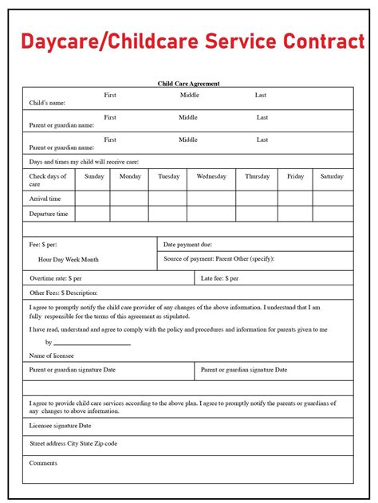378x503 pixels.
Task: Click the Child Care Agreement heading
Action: (x=188, y=83)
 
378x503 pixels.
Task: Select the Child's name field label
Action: (x=47, y=103)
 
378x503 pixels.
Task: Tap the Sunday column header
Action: (x=94, y=176)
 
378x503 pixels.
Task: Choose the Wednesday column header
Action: (x=211, y=176)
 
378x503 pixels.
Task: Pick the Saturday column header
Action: (x=332, y=176)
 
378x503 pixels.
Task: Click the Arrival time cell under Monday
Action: (x=130, y=198)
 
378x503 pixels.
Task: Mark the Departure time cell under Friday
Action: (x=296, y=214)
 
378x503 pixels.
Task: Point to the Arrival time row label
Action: (x=45, y=198)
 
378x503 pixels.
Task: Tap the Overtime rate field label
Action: (x=56, y=278)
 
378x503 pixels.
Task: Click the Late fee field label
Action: (x=220, y=278)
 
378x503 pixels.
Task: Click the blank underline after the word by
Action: (x=93, y=343)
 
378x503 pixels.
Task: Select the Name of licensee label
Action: (x=53, y=355)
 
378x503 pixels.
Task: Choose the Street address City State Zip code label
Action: (x=73, y=442)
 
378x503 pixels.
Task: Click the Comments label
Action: (x=43, y=462)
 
